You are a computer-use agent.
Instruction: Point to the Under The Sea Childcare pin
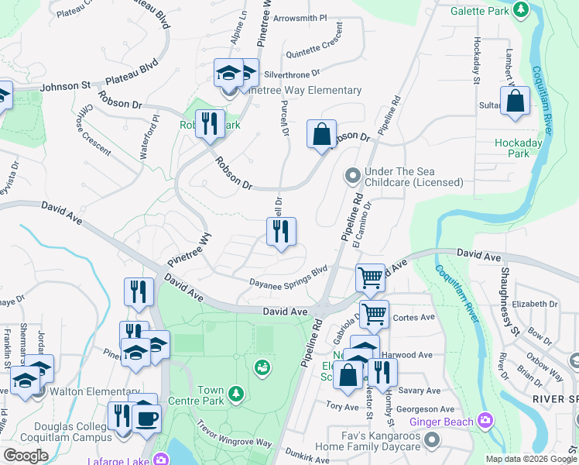[x=352, y=176]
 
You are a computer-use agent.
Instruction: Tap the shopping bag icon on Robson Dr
[x=321, y=134]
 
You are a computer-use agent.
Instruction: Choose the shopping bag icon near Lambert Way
[x=515, y=102]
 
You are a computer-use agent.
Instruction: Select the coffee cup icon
[x=146, y=417]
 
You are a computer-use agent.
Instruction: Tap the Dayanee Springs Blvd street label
[x=288, y=277]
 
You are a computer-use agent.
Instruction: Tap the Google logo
[x=26, y=456]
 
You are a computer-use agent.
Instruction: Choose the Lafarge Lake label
[x=125, y=460]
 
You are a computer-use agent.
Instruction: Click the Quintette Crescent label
[x=315, y=46]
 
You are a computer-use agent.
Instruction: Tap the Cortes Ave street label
[x=413, y=317]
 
